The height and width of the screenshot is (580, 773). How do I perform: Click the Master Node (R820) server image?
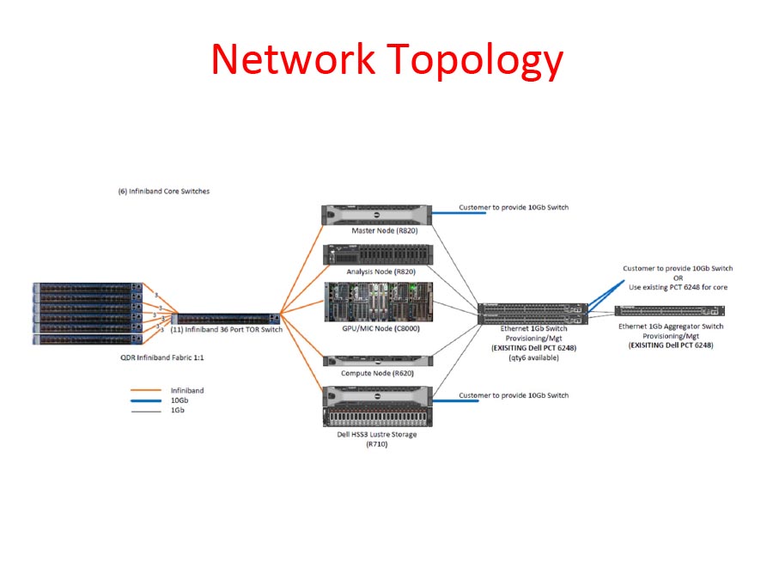(375, 215)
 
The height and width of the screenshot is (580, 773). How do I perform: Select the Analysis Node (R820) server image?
(375, 255)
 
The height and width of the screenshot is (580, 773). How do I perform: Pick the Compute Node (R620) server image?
(375, 361)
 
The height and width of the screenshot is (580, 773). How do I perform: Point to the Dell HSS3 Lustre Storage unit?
(375, 406)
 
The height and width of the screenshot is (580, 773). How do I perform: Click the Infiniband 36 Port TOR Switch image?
(227, 318)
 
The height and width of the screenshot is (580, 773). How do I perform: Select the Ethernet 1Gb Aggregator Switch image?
(658, 311)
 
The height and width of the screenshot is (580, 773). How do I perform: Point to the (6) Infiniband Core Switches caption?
(164, 191)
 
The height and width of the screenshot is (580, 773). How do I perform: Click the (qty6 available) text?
(533, 357)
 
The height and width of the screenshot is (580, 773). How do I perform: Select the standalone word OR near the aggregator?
(677, 278)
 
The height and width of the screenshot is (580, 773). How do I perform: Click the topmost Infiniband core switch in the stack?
(84, 287)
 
